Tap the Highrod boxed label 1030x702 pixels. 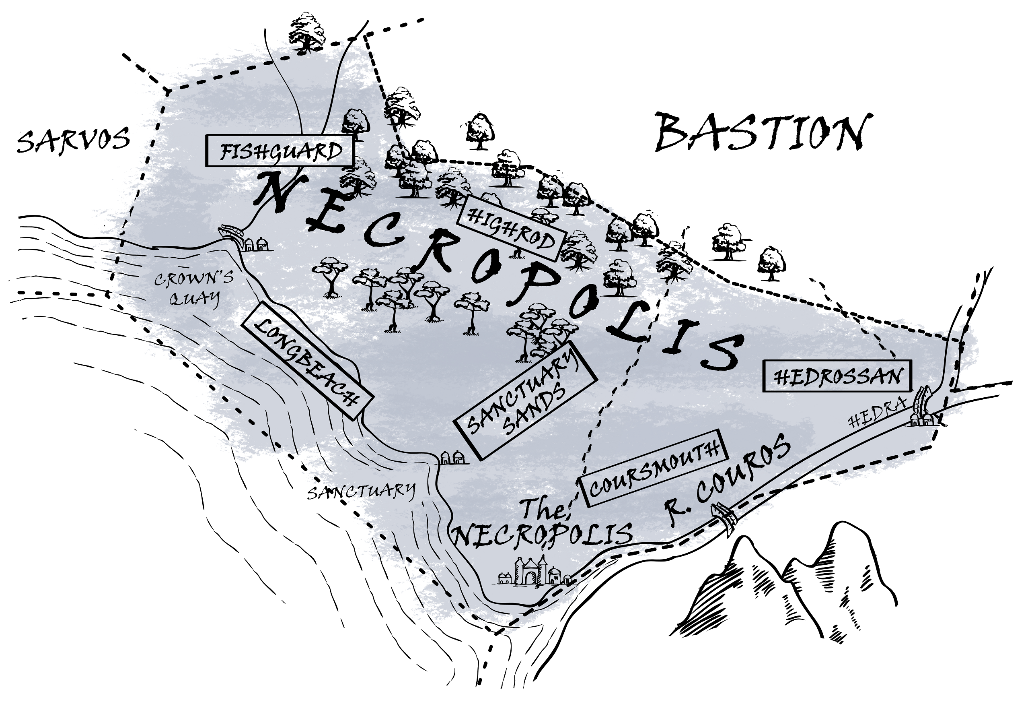coord(510,229)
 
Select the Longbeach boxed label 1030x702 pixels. coord(307,360)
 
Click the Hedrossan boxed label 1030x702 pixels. coord(837,376)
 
